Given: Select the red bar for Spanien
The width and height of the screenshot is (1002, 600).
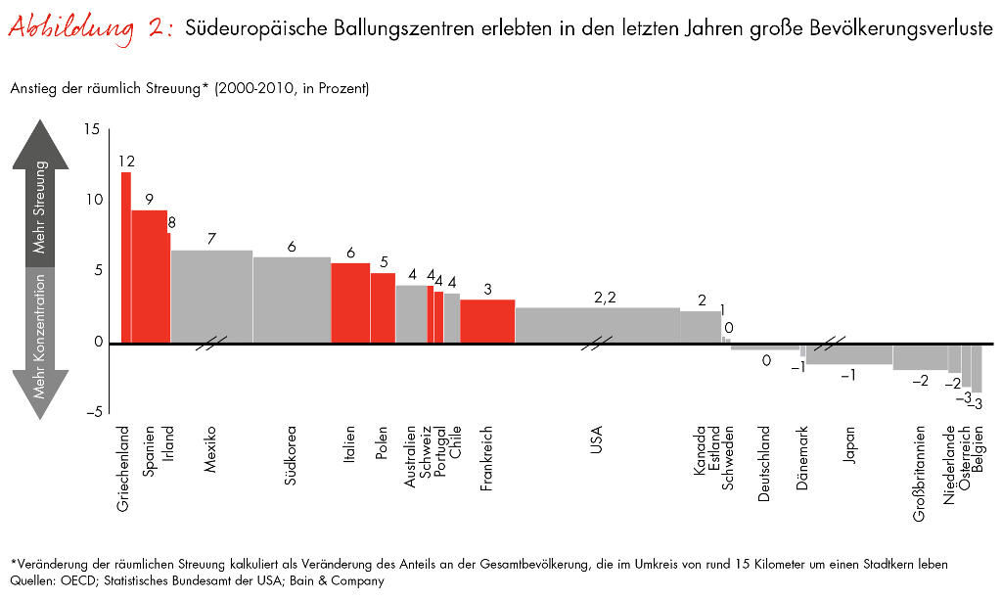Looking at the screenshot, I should [149, 277].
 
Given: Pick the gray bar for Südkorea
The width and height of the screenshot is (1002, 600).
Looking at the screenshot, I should [292, 300].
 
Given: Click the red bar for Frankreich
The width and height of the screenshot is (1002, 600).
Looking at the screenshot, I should [487, 321].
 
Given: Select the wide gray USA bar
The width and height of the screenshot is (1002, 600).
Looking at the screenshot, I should [597, 325].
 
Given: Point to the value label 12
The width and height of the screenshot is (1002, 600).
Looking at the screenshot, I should [126, 162].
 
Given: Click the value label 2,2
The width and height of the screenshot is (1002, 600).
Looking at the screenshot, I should [605, 298].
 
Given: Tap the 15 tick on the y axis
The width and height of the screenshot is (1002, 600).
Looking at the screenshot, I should [91, 129].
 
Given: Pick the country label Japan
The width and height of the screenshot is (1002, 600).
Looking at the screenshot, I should [849, 444].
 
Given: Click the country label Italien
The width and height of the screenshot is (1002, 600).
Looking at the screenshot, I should [349, 445].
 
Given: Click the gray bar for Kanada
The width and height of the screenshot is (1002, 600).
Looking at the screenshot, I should [701, 327].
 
